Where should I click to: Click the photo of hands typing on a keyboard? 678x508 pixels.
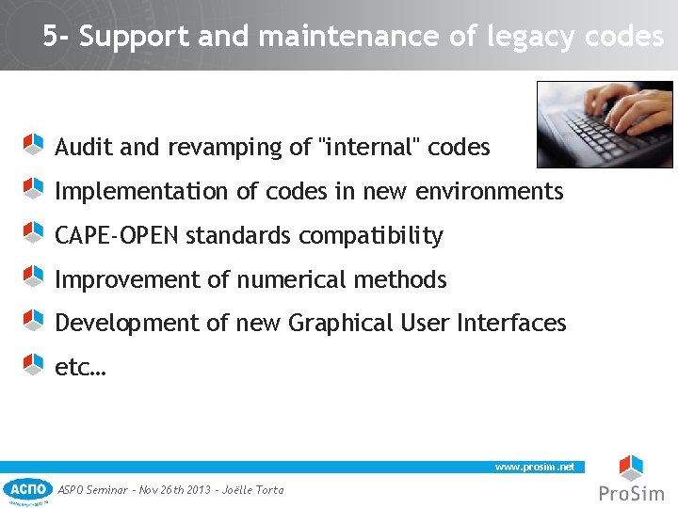pyautogui.click(x=605, y=124)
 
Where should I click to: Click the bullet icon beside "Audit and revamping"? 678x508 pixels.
pyautogui.click(x=33, y=144)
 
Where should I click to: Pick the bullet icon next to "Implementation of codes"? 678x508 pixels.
pyautogui.click(x=33, y=188)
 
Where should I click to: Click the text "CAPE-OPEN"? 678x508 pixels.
pyautogui.click(x=117, y=235)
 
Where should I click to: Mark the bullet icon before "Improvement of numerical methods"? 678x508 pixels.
pyautogui.click(x=33, y=277)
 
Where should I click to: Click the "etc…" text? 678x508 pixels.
pyautogui.click(x=80, y=368)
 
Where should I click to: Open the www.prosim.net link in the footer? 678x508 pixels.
pyautogui.click(x=535, y=467)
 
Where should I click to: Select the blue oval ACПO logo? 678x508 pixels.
pyautogui.click(x=27, y=489)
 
